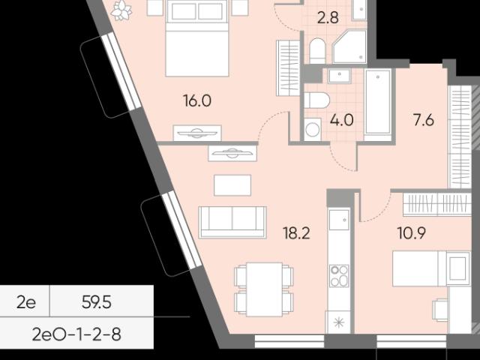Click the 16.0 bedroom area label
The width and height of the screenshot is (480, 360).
[197, 100]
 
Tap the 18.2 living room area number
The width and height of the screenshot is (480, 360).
[296, 233]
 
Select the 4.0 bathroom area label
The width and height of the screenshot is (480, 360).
[342, 120]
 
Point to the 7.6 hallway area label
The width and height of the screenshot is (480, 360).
[424, 120]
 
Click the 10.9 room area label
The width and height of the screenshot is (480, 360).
[412, 233]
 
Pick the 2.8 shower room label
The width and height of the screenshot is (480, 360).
[328, 18]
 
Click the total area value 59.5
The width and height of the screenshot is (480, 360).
[97, 302]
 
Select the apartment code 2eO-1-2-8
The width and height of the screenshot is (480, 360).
[76, 334]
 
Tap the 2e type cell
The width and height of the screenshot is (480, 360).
[26, 302]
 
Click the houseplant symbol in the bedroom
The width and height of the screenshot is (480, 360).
[121, 10]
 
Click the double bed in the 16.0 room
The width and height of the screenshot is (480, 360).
[197, 38]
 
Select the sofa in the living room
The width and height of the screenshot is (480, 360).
[232, 222]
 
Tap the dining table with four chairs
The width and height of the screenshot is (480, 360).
[264, 289]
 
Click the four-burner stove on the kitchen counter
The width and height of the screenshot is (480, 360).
[339, 275]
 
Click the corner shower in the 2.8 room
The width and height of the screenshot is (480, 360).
[349, 46]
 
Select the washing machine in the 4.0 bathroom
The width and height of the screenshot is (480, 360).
[313, 130]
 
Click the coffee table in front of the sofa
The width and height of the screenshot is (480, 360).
[232, 185]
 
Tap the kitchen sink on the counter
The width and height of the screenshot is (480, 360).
[339, 220]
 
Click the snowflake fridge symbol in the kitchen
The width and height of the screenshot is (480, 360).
[339, 323]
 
